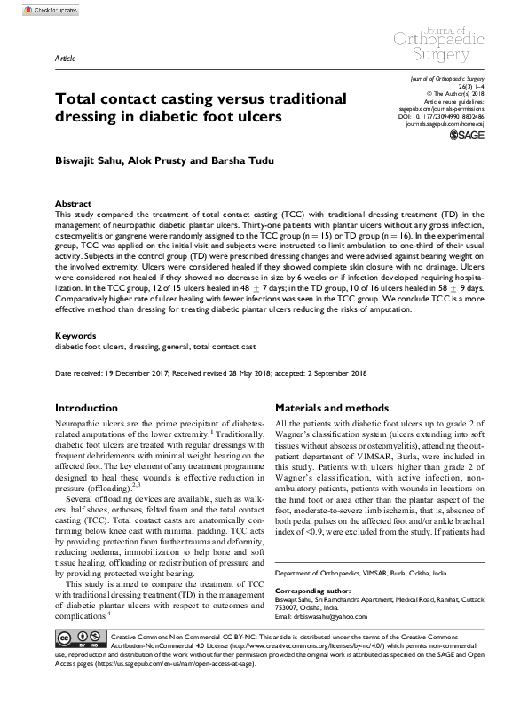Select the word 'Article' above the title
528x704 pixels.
[66, 56]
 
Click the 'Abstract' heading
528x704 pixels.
[73, 203]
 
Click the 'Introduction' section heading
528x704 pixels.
[90, 408]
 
